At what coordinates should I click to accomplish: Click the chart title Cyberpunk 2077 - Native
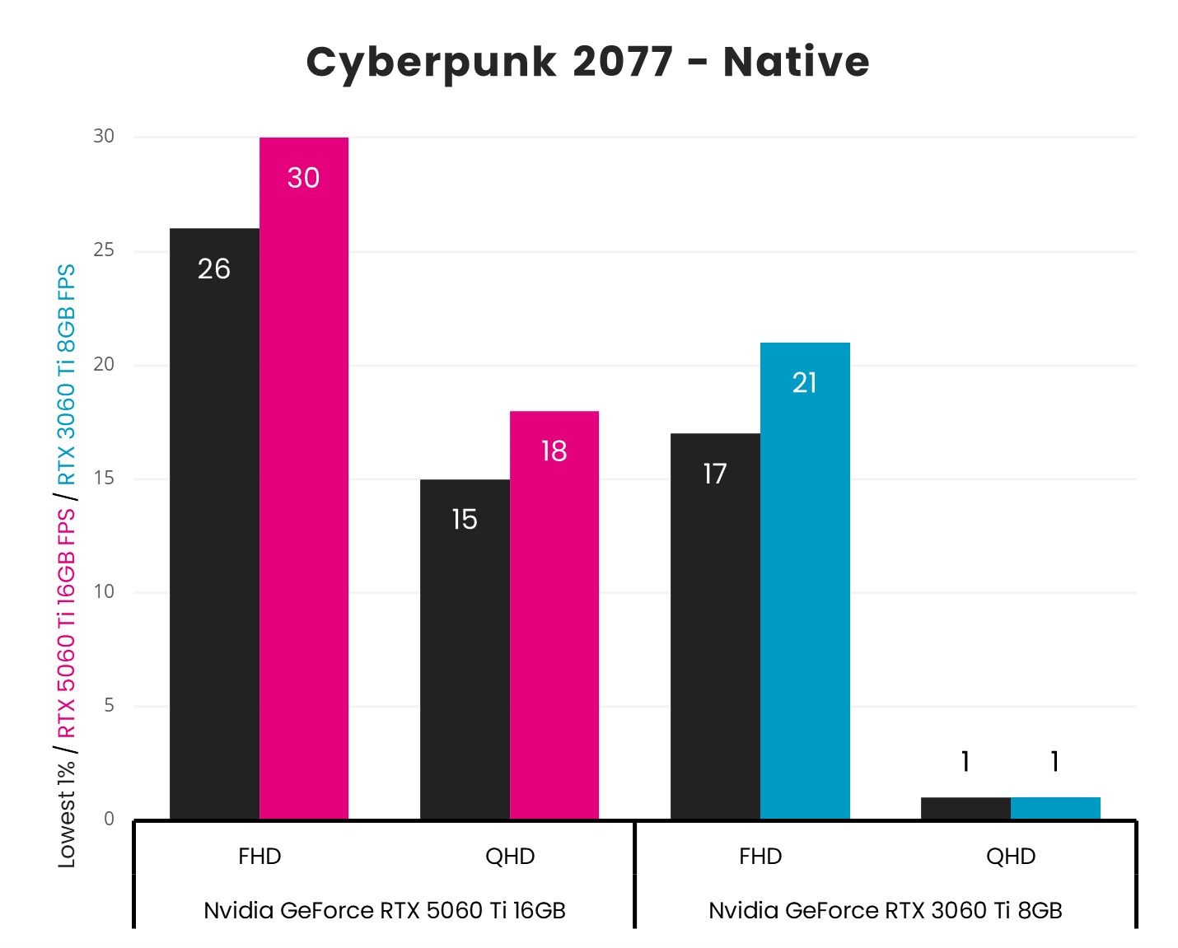(587, 62)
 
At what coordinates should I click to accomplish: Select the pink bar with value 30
(303, 478)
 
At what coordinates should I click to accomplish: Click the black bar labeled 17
(715, 626)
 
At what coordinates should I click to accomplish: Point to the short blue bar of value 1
(1054, 808)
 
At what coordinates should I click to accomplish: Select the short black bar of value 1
(965, 808)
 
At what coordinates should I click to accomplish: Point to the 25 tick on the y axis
(104, 250)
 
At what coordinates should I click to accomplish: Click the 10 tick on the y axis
(104, 591)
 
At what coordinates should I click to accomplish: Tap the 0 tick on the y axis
(109, 819)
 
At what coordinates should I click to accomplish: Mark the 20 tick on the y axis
(104, 364)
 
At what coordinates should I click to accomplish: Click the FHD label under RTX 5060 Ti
(259, 857)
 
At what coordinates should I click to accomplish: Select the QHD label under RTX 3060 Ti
(1011, 857)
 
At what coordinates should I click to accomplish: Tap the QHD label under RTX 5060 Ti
(510, 857)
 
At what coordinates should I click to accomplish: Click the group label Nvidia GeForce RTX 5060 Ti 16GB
(384, 910)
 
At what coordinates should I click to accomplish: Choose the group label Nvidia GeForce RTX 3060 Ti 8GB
(886, 910)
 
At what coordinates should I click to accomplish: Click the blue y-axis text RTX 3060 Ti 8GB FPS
(66, 374)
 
